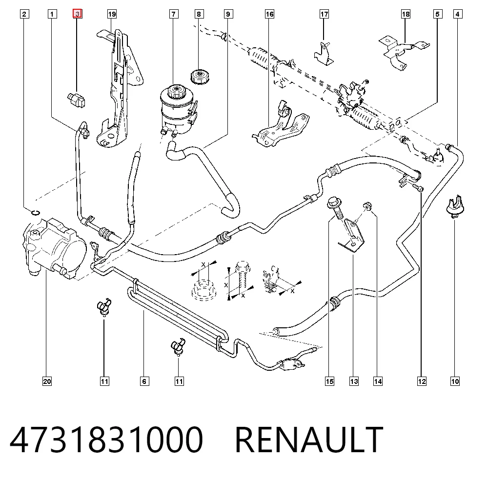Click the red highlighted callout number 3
click(x=77, y=14)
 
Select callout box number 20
click(x=47, y=381)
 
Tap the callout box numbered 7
click(x=174, y=14)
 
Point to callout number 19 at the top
click(x=112, y=14)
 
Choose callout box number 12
click(x=422, y=381)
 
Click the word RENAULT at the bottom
click(x=309, y=440)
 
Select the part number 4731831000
click(x=106, y=440)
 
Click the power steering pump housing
click(x=55, y=247)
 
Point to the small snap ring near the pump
click(x=36, y=213)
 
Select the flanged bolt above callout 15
click(x=336, y=208)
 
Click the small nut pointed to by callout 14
click(x=367, y=206)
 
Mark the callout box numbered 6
click(x=144, y=381)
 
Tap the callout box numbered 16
click(x=269, y=14)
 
